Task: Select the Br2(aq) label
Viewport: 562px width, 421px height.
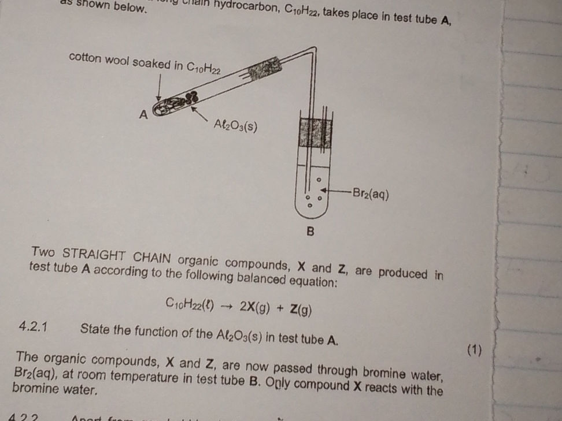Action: (x=370, y=194)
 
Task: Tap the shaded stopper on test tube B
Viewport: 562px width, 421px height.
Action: (x=315, y=133)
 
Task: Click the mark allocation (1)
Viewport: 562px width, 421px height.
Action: (x=474, y=349)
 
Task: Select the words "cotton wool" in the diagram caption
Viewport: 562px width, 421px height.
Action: (x=99, y=59)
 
